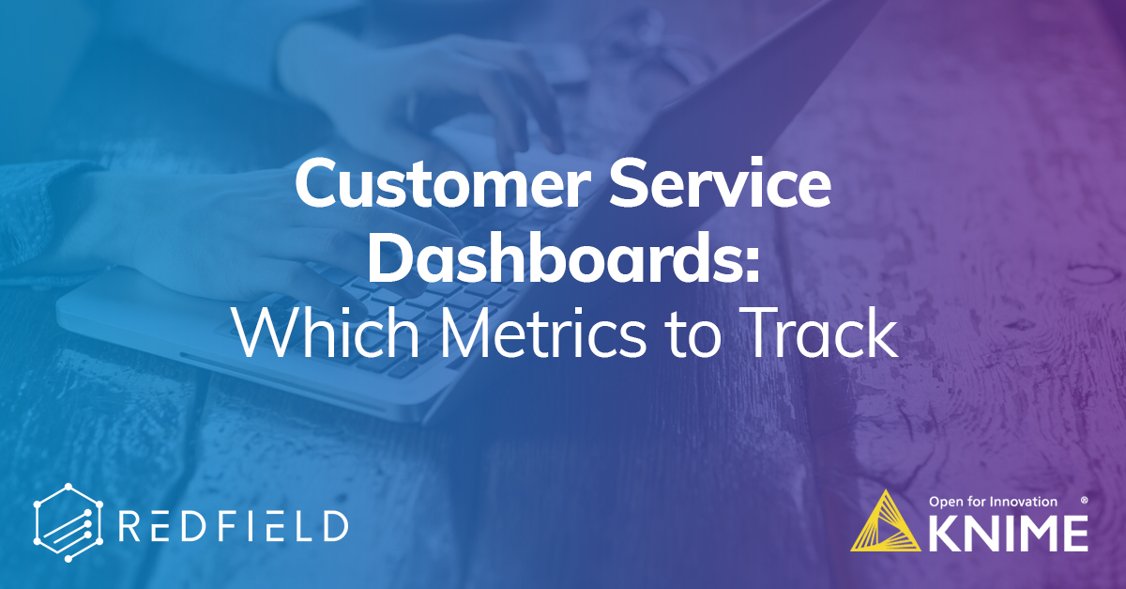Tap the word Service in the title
tap(720, 183)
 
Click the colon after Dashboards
tap(751, 266)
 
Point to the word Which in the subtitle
tap(327, 333)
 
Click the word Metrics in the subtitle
tap(543, 333)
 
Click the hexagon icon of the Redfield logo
tap(68, 523)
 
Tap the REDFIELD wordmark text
tap(234, 525)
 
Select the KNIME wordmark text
tap(1008, 533)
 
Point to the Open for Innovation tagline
tap(993, 502)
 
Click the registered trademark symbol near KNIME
tap(1085, 500)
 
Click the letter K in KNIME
tap(943, 533)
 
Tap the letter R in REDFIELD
tap(129, 525)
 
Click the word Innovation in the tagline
tap(1023, 502)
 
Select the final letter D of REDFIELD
tap(335, 525)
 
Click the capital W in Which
tap(269, 333)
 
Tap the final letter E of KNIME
tap(1075, 533)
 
